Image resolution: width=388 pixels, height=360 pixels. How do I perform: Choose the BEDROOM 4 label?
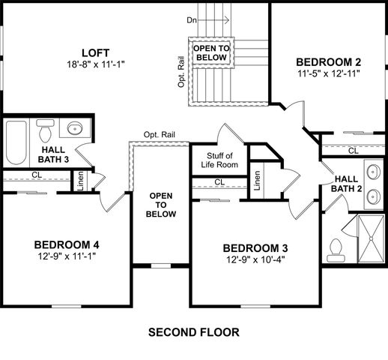pos(67,244)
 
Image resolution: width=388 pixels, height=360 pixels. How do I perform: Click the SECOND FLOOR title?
pos(194,331)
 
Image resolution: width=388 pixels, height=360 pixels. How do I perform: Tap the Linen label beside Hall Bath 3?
pos(79,181)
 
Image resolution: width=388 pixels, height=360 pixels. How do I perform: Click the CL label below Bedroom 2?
pos(352,151)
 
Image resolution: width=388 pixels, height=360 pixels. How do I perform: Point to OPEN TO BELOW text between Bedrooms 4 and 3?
pos(163,205)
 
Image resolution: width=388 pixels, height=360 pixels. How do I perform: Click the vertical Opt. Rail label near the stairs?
pos(181,70)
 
